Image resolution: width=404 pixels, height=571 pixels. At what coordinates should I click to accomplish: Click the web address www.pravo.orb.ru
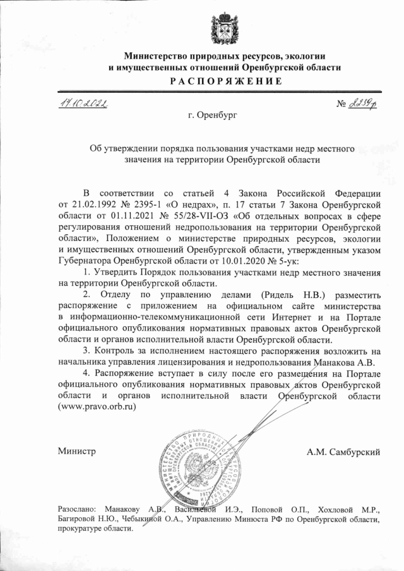(97, 407)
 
